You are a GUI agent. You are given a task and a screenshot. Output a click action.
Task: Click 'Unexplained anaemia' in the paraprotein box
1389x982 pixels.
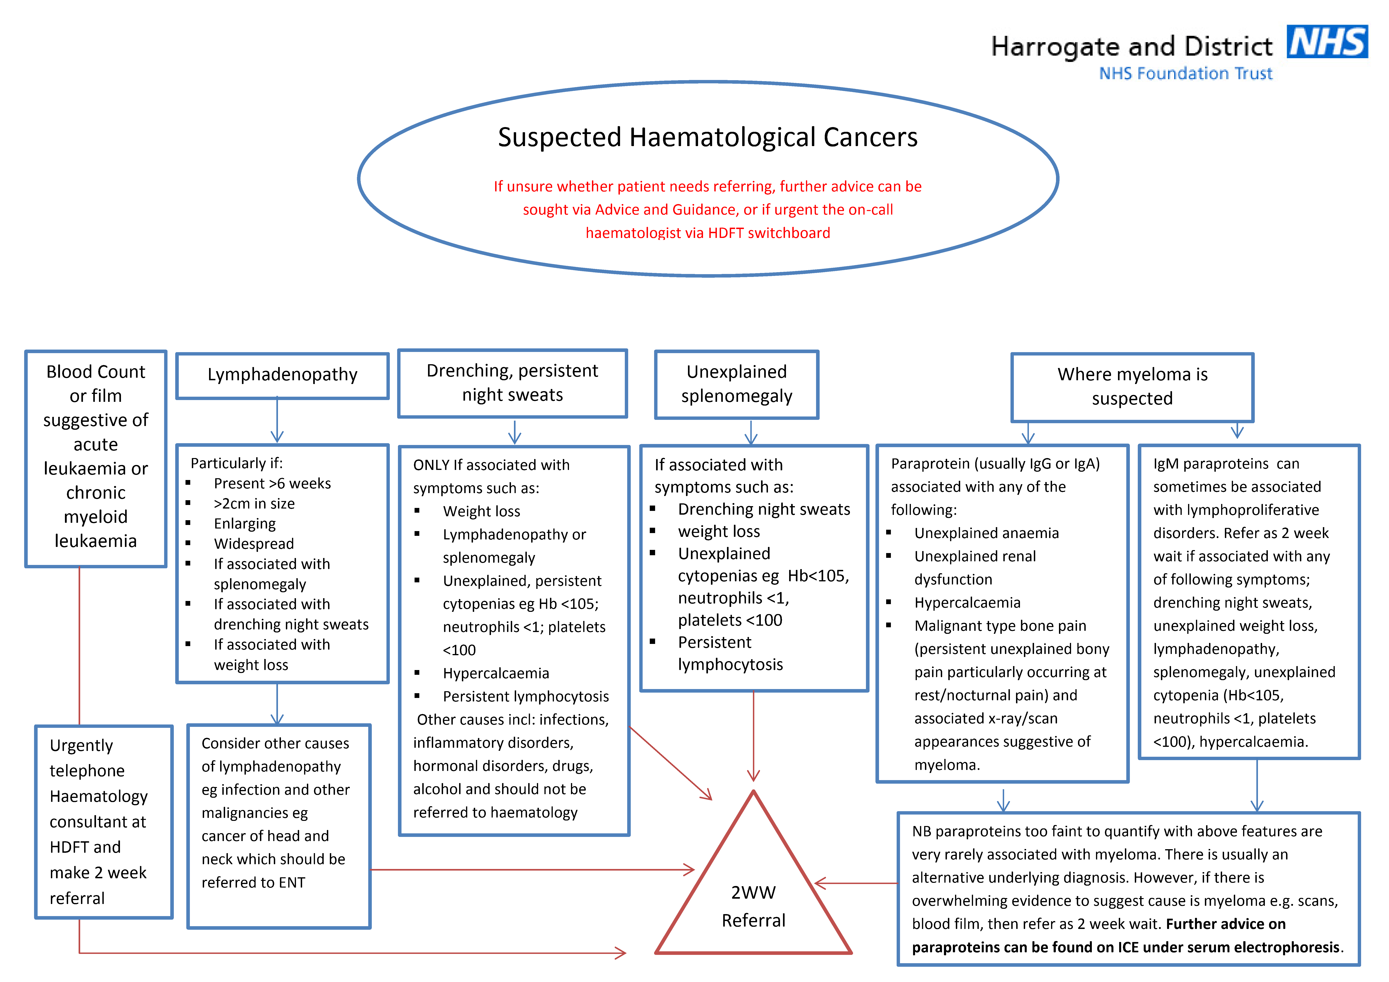(x=986, y=533)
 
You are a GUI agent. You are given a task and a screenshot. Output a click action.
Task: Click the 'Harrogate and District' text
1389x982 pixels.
(x=1131, y=47)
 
